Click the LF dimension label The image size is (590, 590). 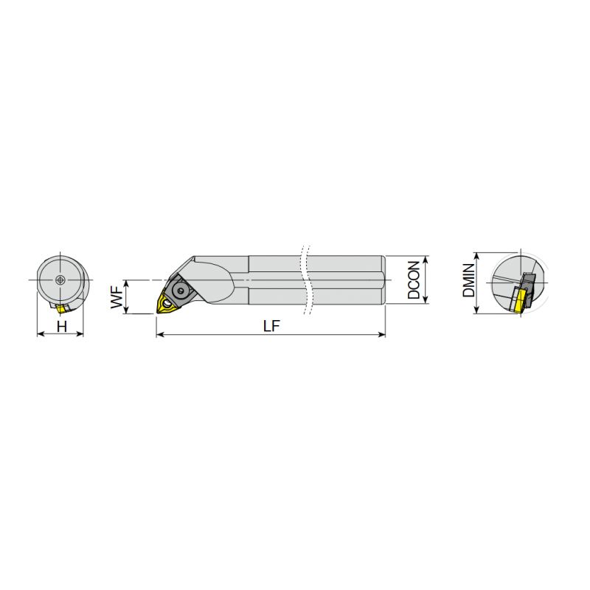click(x=271, y=326)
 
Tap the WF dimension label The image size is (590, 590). click(x=117, y=297)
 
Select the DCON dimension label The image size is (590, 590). click(x=414, y=280)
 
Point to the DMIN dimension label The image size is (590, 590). click(x=469, y=280)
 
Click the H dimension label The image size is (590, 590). click(x=62, y=326)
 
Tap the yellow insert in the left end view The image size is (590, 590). click(x=60, y=309)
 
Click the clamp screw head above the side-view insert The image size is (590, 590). click(x=181, y=290)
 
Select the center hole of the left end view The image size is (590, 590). click(x=60, y=280)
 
